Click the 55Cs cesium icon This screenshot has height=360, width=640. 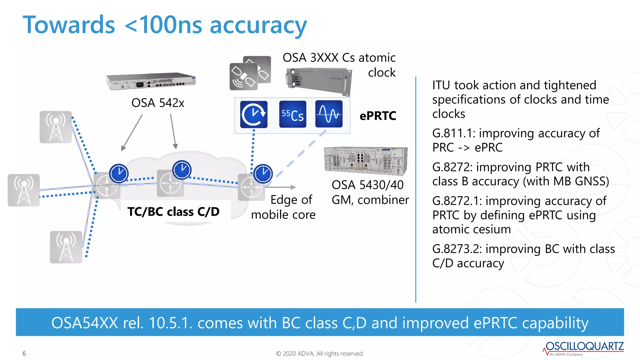(x=292, y=114)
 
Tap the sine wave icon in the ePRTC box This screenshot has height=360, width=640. (x=329, y=114)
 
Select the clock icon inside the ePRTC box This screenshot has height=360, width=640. (x=254, y=114)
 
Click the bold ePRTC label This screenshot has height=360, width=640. (x=378, y=116)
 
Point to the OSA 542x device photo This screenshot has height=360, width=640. (x=151, y=82)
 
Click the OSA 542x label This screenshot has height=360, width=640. (x=158, y=103)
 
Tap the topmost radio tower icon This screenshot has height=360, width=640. (x=56, y=127)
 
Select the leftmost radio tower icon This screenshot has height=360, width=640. (x=24, y=190)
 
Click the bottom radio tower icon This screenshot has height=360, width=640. (x=66, y=247)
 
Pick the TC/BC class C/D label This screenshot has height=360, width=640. (x=173, y=212)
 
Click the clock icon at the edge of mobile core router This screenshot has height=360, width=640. (x=263, y=174)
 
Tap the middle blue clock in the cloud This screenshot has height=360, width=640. (x=182, y=170)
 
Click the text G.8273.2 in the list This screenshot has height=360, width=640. (x=456, y=249)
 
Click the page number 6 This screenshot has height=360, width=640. (x=24, y=353)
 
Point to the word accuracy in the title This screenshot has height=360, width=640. (x=258, y=26)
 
